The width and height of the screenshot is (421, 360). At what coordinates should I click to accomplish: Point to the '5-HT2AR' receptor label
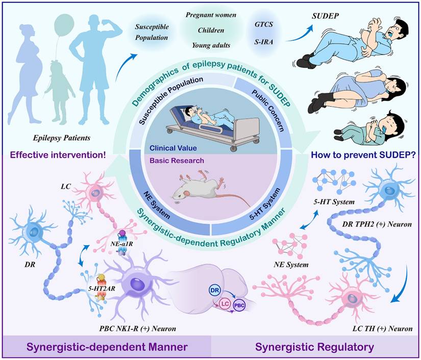pyautogui.click(x=100, y=289)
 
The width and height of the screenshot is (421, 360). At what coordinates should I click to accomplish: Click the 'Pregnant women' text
pyautogui.click(x=210, y=15)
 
